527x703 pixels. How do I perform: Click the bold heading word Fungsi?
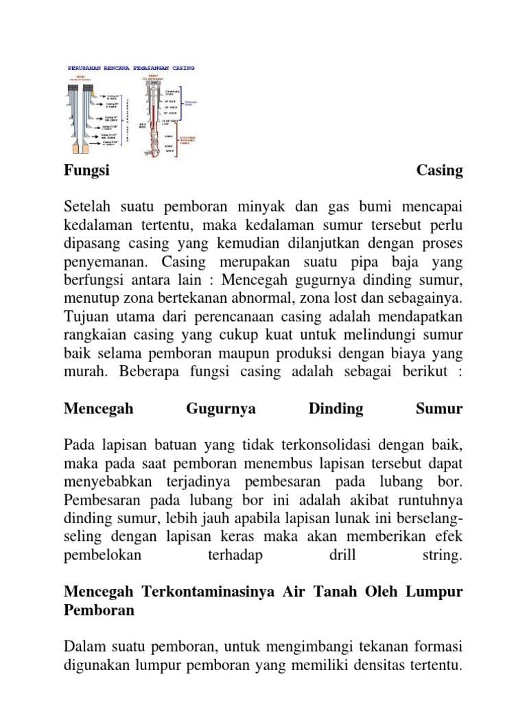click(86, 170)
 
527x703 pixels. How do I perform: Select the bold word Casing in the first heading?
click(440, 170)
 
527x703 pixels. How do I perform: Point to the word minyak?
click(272, 207)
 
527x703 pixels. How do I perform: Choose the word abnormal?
click(245, 299)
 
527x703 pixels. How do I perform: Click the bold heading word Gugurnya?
click(221, 409)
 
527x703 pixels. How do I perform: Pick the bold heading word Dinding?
click(336, 409)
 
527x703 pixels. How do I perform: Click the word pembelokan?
click(102, 556)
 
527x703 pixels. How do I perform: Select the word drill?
click(342, 556)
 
